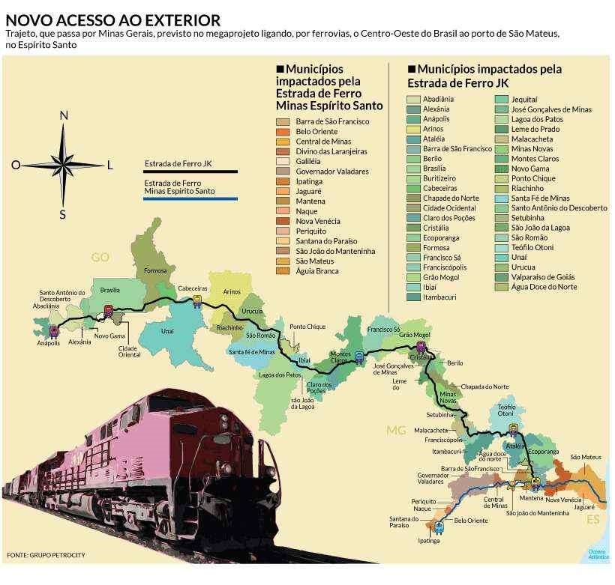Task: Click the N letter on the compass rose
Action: coord(64,115)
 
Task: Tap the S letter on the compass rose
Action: coord(63,215)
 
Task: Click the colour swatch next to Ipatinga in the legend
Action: coord(283,181)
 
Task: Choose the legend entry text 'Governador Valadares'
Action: coord(332,172)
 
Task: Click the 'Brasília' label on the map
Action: coord(110,290)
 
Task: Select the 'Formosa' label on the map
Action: coord(154,270)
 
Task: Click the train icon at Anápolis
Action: coord(53,330)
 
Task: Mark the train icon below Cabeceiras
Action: coord(197,301)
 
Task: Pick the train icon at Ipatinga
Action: coord(439,527)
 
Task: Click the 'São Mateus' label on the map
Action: coord(585,457)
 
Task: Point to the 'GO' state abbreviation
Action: coord(100,258)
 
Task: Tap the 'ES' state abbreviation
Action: coord(592,520)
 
